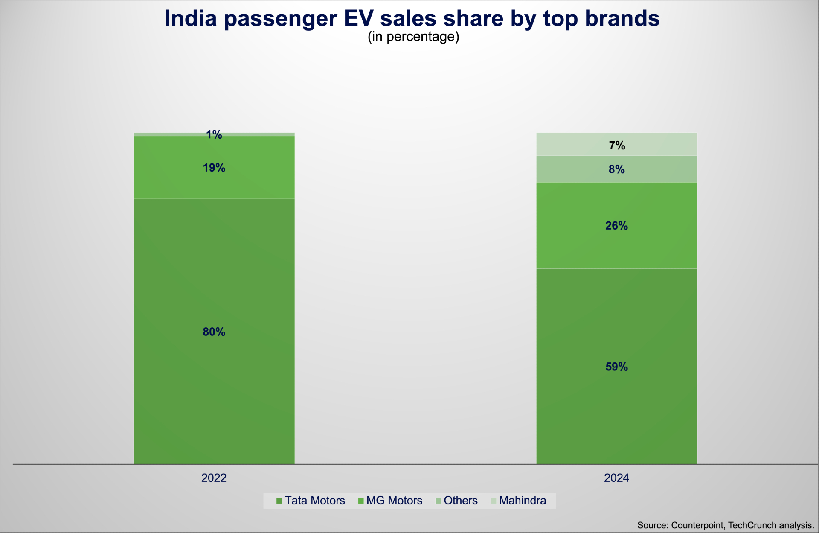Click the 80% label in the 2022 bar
point(214,332)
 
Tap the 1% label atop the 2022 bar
point(214,135)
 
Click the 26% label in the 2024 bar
point(616,226)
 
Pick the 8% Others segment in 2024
point(616,169)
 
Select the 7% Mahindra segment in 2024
point(616,146)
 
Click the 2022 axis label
point(214,478)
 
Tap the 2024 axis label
point(616,478)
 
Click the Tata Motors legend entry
point(314,501)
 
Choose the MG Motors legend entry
point(394,501)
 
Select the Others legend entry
point(460,501)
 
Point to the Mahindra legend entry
point(522,501)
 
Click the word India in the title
point(191,19)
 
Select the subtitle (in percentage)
point(413,37)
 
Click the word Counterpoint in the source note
point(697,525)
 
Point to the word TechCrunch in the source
point(752,525)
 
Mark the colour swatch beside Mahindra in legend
point(494,501)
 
